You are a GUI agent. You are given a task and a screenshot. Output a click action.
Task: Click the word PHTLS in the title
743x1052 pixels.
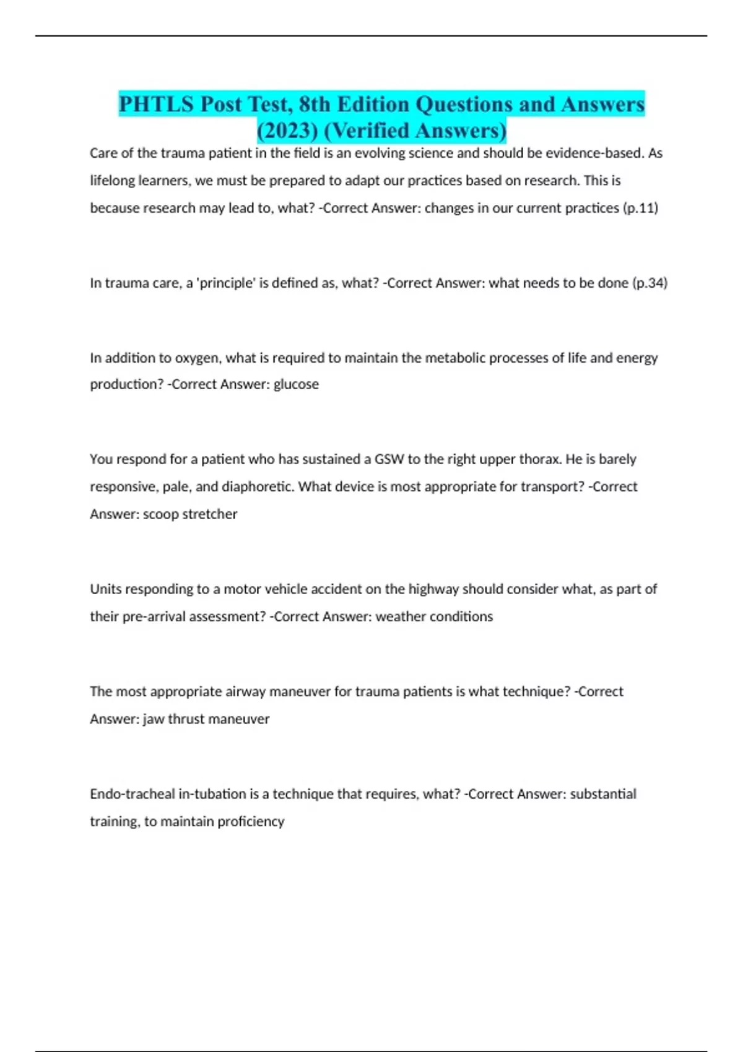[x=156, y=104]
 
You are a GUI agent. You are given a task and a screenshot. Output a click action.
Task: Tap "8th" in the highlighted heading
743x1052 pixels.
[x=314, y=104]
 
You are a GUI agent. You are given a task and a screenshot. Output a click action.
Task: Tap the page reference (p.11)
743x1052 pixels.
[x=639, y=208]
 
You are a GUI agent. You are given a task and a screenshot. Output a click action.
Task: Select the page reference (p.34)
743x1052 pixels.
[x=650, y=283]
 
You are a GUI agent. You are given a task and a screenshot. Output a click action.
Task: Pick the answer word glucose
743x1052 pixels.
[x=296, y=384]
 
